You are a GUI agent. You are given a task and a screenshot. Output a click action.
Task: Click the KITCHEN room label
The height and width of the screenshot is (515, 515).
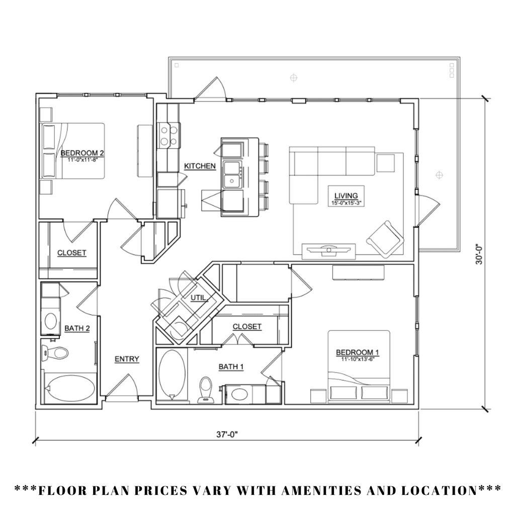200,166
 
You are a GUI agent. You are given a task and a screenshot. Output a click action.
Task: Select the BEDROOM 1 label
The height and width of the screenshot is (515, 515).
358,352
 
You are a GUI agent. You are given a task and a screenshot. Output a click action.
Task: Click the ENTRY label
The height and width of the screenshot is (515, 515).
127,359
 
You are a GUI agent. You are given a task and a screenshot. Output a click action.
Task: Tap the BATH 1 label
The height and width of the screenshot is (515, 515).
231,367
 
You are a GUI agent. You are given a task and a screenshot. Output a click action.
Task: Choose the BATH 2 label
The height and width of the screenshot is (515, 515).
77,328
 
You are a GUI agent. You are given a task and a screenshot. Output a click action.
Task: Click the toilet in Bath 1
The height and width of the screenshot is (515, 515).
205,390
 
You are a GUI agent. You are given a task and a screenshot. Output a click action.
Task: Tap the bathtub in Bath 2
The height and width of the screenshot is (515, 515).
70,388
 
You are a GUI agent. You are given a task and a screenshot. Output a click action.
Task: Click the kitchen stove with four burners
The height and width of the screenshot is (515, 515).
169,135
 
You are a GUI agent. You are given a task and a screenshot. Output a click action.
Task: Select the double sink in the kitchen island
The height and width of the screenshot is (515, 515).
232,174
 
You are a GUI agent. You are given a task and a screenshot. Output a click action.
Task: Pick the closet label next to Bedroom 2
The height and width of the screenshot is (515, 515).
71,253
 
